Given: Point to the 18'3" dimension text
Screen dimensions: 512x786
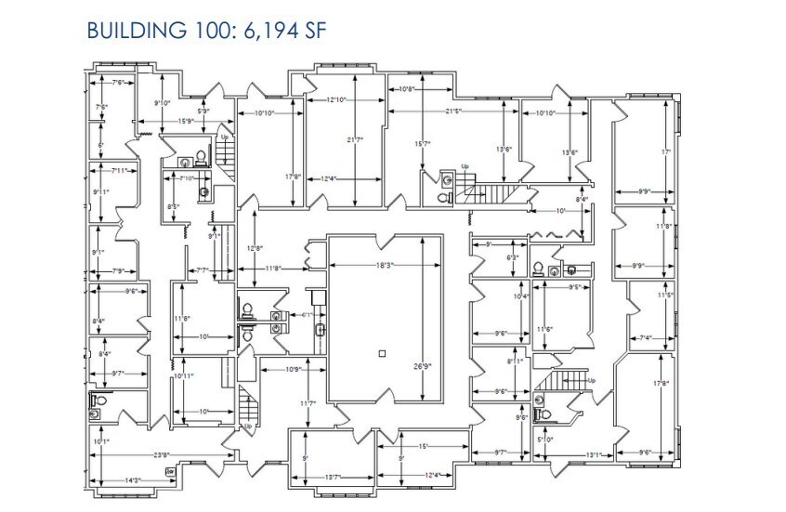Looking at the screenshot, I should (x=386, y=266).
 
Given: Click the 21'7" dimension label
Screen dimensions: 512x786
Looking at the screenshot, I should (x=354, y=140).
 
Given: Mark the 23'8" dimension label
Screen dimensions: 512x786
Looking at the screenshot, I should (x=161, y=454).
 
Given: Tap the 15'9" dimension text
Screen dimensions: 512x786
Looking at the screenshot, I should (x=184, y=121).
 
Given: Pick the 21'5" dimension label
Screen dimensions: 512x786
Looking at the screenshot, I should (x=452, y=112).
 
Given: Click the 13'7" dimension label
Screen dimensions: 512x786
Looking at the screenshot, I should (x=334, y=476).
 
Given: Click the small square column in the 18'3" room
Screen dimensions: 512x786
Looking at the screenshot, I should (x=382, y=352).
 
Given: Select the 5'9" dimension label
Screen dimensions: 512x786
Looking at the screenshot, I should (x=203, y=112).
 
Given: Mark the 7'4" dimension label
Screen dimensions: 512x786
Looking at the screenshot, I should (x=645, y=338).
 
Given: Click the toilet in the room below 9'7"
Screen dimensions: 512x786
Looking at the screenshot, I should (x=96, y=403).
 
